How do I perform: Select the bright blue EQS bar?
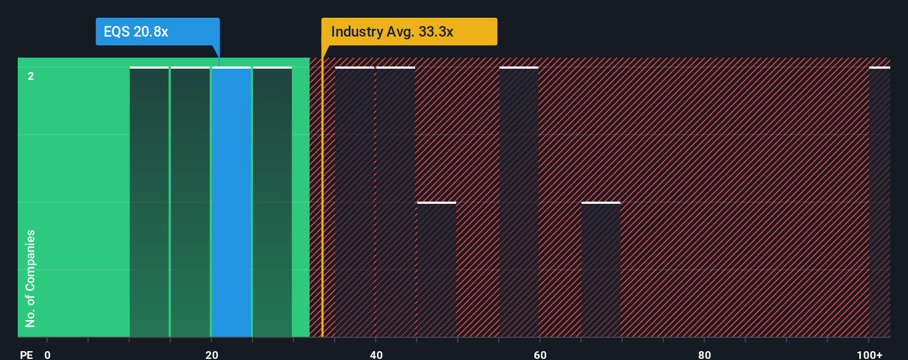231,202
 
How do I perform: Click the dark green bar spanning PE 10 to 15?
149,202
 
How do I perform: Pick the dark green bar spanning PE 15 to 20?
190,202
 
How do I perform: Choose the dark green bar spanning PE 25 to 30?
272,202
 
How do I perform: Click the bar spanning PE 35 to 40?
354,202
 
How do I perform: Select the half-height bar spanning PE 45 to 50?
436,270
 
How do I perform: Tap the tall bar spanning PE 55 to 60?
519,202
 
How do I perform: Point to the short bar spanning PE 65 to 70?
601,270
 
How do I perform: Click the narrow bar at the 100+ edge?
879,202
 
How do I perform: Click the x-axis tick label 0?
48,354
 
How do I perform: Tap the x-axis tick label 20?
211,354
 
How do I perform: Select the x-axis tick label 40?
376,354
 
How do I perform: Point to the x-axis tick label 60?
540,354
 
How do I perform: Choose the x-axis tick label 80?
704,354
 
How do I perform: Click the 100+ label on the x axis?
869,354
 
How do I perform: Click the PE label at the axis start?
26,354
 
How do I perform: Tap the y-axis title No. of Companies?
30,278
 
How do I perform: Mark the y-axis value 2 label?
31,76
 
